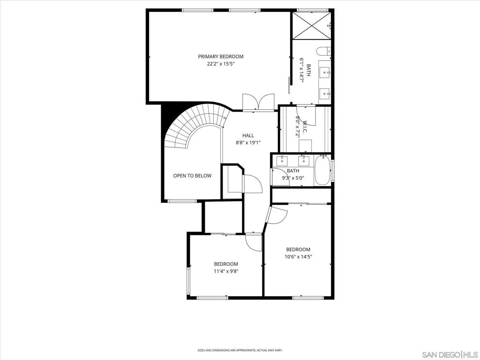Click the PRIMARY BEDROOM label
[x=221, y=57]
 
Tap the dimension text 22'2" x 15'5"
[x=221, y=64]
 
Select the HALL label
[x=248, y=135]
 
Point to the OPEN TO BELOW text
[x=192, y=176]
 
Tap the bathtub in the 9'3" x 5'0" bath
[x=322, y=170]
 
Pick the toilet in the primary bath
[x=323, y=52]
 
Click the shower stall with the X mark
[x=312, y=25]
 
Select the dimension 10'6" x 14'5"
[x=298, y=257]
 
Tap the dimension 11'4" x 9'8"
[x=226, y=271]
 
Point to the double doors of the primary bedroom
[x=259, y=102]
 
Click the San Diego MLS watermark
[x=450, y=355]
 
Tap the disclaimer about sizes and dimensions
[x=240, y=350]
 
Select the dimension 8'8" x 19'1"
[x=248, y=142]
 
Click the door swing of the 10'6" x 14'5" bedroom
[x=277, y=215]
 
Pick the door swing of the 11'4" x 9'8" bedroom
[x=254, y=242]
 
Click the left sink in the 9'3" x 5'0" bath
[x=282, y=161]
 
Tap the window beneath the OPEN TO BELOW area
[x=182, y=201]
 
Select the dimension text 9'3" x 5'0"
[x=293, y=178]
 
